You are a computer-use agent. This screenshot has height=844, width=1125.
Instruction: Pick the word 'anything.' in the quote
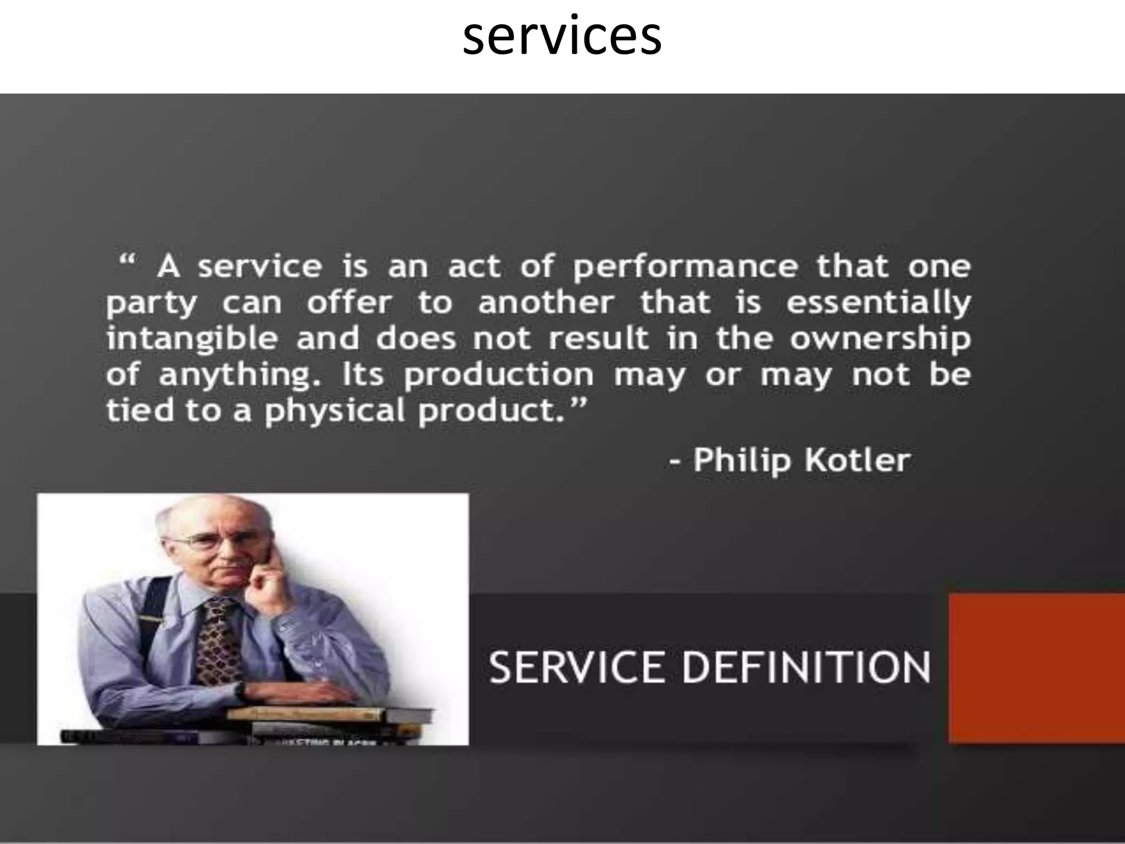click(240, 376)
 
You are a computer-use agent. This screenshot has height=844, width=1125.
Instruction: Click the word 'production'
click(498, 376)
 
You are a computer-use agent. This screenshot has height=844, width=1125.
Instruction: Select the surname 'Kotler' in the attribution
click(857, 460)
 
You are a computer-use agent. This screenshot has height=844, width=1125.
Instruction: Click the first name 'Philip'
click(742, 460)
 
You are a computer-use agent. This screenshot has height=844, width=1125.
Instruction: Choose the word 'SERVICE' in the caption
click(576, 667)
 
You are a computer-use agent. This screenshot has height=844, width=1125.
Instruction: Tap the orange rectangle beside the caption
click(1037, 668)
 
